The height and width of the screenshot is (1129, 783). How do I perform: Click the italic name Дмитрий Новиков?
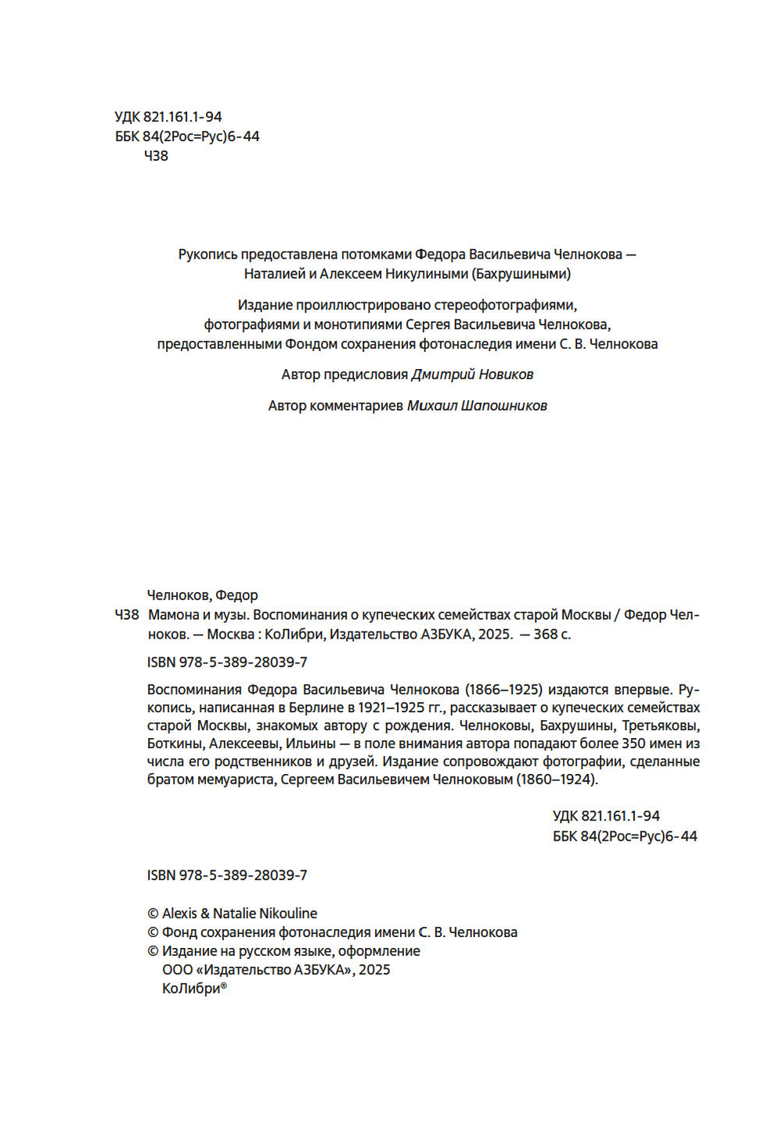[472, 375]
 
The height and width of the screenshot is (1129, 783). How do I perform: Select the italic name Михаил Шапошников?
[477, 406]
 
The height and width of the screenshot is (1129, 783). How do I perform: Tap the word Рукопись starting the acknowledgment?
[207, 255]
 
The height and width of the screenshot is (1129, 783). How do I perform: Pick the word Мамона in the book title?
[171, 615]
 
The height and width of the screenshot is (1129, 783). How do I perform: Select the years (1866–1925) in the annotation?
[503, 690]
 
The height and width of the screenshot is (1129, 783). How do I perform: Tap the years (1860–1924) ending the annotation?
[557, 780]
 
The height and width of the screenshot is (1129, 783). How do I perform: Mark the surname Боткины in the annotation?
[175, 744]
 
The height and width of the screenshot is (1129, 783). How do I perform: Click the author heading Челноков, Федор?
[202, 595]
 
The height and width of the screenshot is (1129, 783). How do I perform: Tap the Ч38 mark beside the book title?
[127, 615]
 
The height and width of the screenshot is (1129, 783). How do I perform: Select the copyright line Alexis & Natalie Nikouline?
[232, 914]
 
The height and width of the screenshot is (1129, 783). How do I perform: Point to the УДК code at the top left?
[168, 117]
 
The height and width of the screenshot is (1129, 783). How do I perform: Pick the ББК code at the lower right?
[625, 836]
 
